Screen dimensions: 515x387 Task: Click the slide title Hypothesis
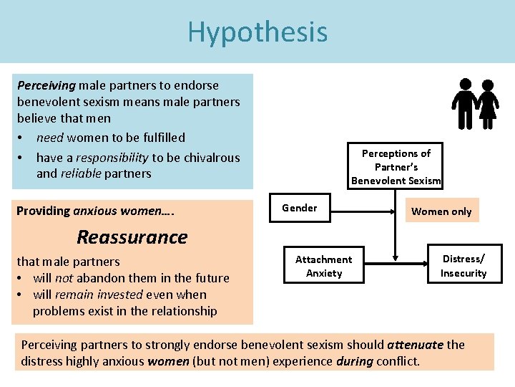click(257, 32)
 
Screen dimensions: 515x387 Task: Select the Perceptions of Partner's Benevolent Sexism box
click(396, 167)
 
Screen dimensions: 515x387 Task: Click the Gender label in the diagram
click(299, 208)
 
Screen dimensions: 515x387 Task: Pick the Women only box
click(441, 211)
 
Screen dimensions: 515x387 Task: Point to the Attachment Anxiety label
click(323, 266)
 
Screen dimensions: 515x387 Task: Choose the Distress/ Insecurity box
click(463, 266)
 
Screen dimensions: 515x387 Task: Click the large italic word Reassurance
click(132, 236)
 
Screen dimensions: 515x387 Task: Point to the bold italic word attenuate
click(416, 345)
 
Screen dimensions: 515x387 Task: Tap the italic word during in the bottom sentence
click(354, 360)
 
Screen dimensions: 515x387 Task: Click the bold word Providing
click(43, 211)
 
